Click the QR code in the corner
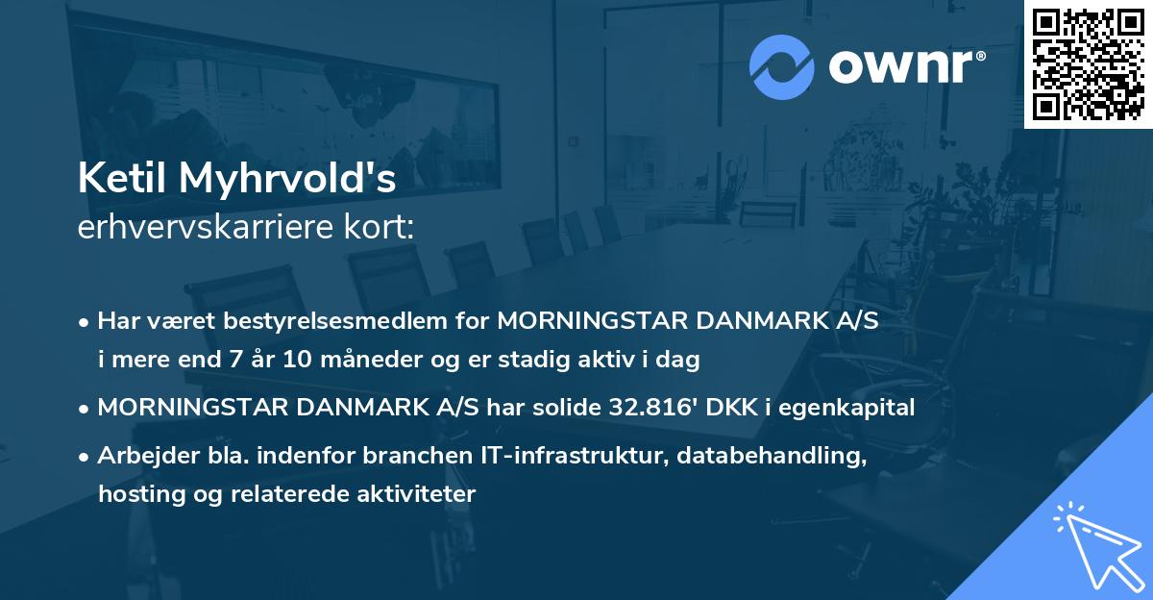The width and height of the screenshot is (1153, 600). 1089,63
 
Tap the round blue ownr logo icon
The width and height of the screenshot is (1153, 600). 783,67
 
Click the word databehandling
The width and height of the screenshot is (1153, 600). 783,458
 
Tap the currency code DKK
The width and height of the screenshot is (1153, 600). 730,408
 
